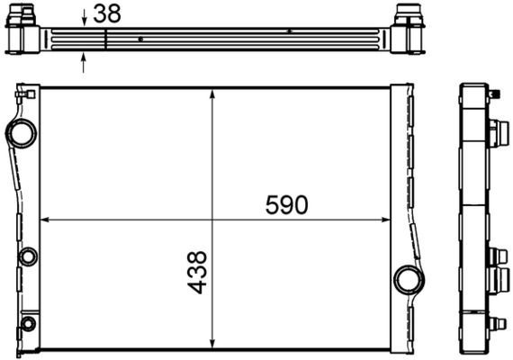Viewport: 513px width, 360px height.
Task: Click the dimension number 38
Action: (107, 14)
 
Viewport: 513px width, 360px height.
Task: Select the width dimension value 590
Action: (286, 205)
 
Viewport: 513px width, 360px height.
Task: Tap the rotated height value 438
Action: (198, 273)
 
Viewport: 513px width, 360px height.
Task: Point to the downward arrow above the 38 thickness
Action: (85, 17)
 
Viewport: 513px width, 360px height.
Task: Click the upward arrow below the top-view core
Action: (85, 61)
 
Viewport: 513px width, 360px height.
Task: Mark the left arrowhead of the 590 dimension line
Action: (45, 219)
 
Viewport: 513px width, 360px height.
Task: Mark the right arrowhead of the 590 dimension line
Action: (387, 219)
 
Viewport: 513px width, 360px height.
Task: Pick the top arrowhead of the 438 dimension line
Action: (211, 93)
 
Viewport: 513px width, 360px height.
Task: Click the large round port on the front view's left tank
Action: (21, 133)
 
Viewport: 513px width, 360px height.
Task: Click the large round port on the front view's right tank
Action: (409, 278)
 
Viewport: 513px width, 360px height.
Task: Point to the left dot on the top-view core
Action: (141, 39)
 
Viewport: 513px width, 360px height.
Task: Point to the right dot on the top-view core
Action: (289, 31)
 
